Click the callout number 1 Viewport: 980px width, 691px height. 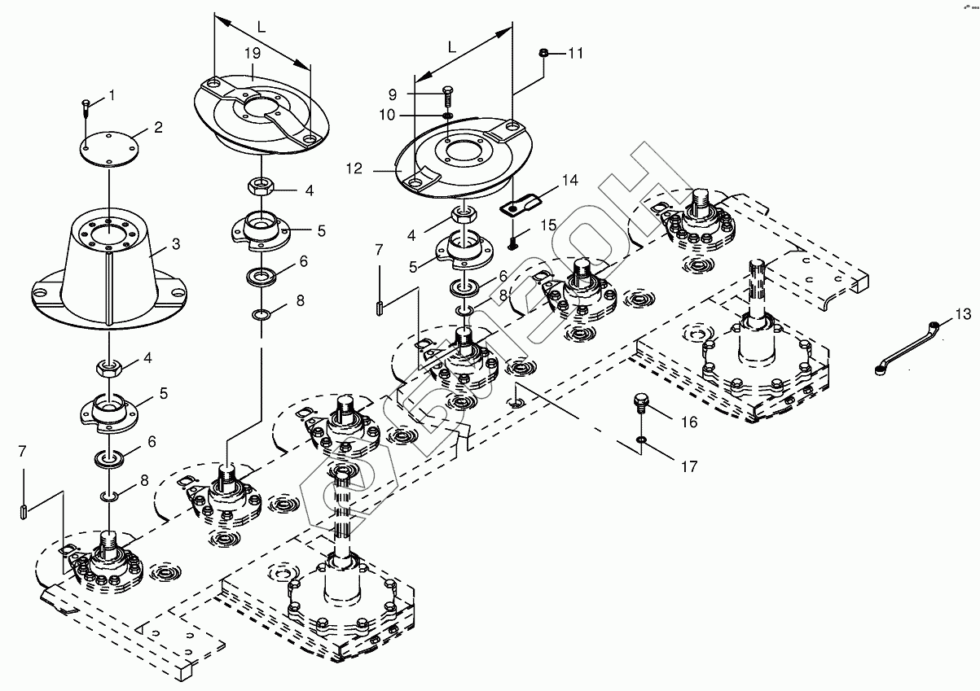point(112,95)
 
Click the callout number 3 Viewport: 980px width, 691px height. point(176,244)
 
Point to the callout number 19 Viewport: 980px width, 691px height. point(253,54)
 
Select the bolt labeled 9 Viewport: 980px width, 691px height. point(448,97)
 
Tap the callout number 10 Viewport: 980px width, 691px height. point(387,115)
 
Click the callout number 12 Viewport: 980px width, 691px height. point(354,168)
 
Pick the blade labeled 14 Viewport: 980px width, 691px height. point(521,204)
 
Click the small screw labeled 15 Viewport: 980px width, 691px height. point(513,242)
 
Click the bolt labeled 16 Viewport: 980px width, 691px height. point(641,405)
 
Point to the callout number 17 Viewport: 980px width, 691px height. point(689,467)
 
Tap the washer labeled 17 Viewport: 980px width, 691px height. point(641,439)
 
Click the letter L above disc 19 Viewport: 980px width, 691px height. point(261,28)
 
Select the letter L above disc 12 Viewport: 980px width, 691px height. point(452,47)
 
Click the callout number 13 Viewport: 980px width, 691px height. point(963,314)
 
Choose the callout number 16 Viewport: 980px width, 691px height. point(689,422)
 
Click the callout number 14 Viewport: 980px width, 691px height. point(570,180)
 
